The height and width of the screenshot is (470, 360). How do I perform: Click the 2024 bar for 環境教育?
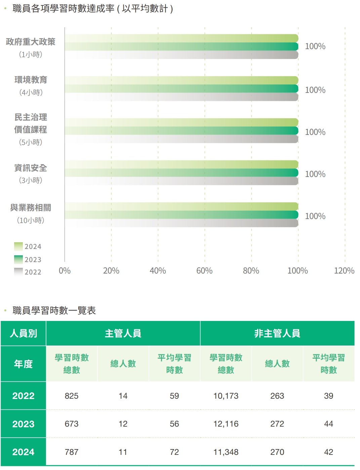pyautogui.click(x=182, y=80)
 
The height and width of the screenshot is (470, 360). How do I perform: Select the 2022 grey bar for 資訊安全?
pyautogui.click(x=182, y=181)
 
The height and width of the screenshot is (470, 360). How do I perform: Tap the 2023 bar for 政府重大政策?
pyautogui.click(x=182, y=46)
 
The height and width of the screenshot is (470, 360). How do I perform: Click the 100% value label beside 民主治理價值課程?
pyautogui.click(x=315, y=132)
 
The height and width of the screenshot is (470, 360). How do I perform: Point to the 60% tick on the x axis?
pyautogui.click(x=204, y=271)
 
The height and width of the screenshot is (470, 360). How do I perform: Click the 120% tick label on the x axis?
pyautogui.click(x=344, y=271)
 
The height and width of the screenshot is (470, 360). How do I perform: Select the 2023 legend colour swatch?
pyautogui.click(x=18, y=259)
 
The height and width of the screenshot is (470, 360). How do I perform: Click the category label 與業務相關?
pyautogui.click(x=31, y=208)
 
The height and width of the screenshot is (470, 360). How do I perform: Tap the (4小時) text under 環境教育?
pyautogui.click(x=31, y=93)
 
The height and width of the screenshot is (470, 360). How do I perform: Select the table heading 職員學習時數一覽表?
pyautogui.click(x=54, y=310)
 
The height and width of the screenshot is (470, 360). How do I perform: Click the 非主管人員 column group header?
pyautogui.click(x=277, y=333)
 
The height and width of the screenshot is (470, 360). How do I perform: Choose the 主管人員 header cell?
pyautogui.click(x=123, y=333)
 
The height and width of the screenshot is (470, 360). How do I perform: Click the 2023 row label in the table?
pyautogui.click(x=23, y=424)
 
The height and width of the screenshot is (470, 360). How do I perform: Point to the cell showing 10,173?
pyautogui.click(x=226, y=396)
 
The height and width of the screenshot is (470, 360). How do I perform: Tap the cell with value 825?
pyautogui.click(x=72, y=396)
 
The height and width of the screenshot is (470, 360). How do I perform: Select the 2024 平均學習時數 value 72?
pyautogui.click(x=174, y=452)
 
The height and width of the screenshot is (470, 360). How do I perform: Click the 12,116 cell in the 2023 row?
pyautogui.click(x=226, y=424)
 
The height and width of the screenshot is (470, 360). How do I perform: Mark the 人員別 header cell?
pyautogui.click(x=23, y=333)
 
